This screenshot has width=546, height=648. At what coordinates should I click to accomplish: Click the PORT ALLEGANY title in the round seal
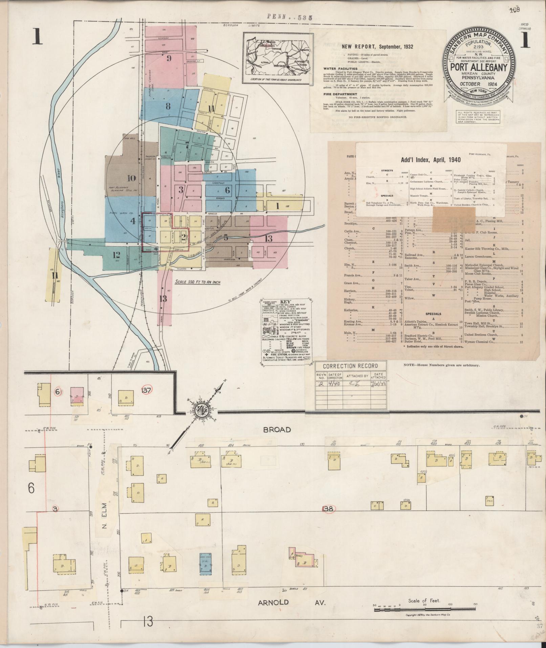pos(479,67)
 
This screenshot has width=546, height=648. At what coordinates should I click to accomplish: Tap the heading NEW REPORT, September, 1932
pos(377,47)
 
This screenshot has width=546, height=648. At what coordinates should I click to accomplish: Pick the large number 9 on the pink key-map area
pos(169,58)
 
